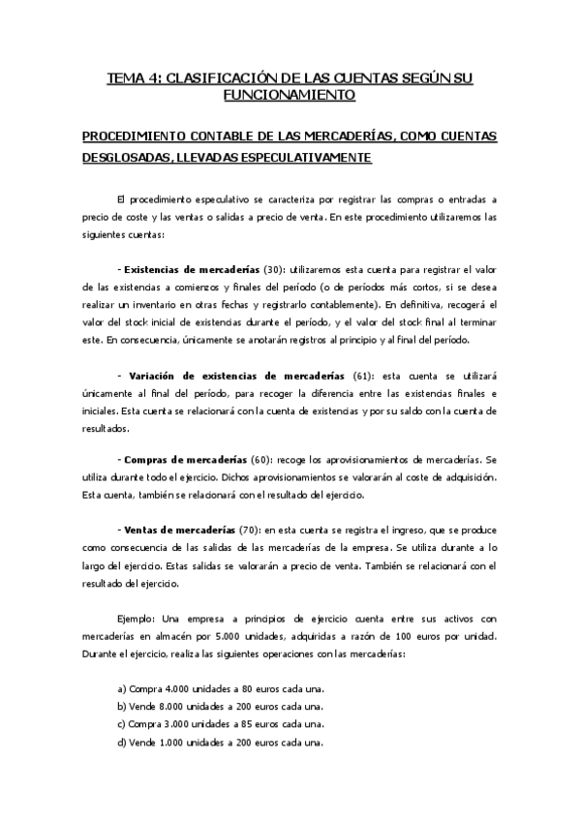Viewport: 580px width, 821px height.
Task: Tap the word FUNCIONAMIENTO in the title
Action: tap(290, 95)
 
